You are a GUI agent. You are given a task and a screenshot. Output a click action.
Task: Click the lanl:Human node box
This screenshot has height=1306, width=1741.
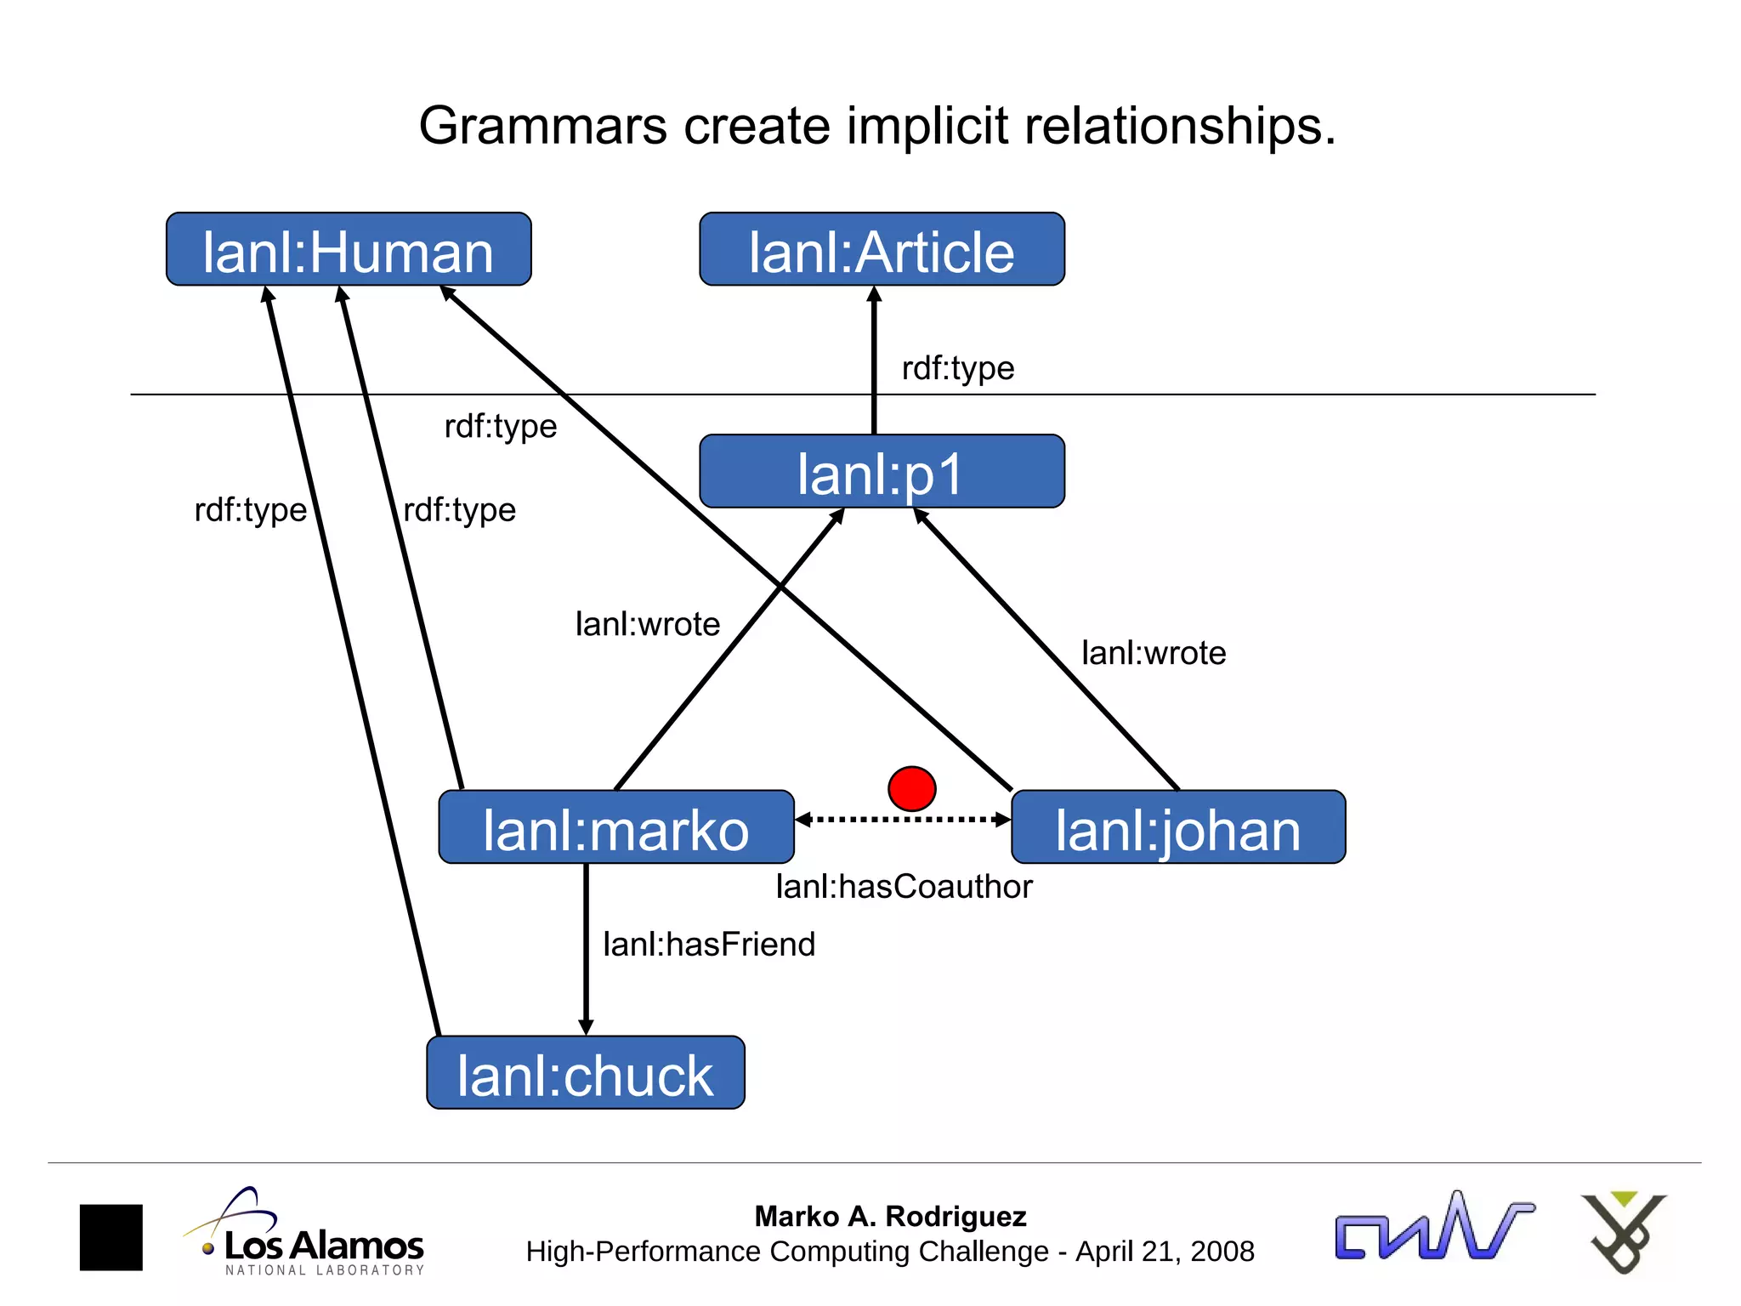pyautogui.click(x=349, y=250)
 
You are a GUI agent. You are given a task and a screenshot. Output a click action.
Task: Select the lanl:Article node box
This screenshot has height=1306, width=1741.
pyautogui.click(x=882, y=250)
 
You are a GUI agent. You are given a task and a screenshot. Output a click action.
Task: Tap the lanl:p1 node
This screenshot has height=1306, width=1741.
pyautogui.click(x=882, y=472)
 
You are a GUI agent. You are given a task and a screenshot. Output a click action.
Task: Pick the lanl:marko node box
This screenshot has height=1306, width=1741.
pyautogui.click(x=616, y=827)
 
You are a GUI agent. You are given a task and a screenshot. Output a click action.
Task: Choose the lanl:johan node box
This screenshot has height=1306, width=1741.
pyautogui.click(x=1178, y=827)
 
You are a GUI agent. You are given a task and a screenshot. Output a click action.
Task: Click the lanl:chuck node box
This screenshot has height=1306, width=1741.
pyautogui.click(x=585, y=1073)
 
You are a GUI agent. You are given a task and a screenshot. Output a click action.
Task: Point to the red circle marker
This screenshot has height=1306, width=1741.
pyautogui.click(x=911, y=788)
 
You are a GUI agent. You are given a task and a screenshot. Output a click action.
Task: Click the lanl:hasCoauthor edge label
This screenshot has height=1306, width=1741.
pyautogui.click(x=904, y=887)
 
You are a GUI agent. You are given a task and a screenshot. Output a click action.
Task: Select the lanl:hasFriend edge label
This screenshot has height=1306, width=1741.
pyautogui.click(x=709, y=945)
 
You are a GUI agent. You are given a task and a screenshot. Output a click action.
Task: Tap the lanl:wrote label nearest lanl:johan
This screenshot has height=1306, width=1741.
pyautogui.click(x=1154, y=653)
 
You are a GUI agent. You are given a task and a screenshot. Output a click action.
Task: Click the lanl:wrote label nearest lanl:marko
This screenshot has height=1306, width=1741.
pyautogui.click(x=648, y=624)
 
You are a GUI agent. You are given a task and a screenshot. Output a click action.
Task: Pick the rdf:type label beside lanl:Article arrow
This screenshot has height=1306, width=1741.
pyautogui.click(x=958, y=368)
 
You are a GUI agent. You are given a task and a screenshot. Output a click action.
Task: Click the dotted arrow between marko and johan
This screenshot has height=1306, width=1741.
pyautogui.click(x=903, y=820)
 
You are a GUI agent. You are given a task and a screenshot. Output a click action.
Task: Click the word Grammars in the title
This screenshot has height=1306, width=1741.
pyautogui.click(x=542, y=126)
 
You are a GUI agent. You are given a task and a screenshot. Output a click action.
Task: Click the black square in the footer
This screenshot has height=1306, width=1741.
pyautogui.click(x=111, y=1237)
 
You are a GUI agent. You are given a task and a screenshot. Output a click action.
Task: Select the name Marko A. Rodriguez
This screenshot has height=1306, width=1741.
pyautogui.click(x=890, y=1217)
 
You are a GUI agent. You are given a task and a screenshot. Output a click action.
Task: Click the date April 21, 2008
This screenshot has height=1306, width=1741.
pyautogui.click(x=1165, y=1252)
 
